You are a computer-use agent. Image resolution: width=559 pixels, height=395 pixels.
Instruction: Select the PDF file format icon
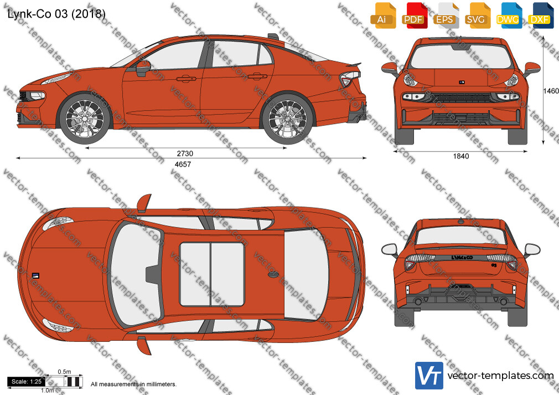click(415, 15)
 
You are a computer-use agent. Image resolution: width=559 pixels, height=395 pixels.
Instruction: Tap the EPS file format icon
click(446, 15)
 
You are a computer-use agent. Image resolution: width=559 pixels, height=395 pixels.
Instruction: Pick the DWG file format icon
click(509, 15)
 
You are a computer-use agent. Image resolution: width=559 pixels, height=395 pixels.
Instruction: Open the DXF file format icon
click(541, 15)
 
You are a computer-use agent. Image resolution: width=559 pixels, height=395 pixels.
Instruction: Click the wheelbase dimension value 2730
click(185, 154)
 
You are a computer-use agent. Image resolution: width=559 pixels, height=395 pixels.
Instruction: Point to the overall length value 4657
click(183, 164)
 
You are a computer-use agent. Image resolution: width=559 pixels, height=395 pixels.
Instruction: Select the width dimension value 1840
click(461, 156)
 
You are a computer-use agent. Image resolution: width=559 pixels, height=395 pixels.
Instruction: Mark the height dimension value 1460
click(551, 91)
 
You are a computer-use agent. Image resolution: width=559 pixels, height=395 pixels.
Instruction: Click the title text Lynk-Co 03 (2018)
click(56, 13)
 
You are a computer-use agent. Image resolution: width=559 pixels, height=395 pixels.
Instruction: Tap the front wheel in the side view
click(85, 119)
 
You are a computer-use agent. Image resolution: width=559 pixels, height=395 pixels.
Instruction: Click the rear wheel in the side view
click(287, 119)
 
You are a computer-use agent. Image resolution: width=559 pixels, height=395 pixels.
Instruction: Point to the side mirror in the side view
click(143, 68)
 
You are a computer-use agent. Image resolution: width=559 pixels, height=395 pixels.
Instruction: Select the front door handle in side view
click(186, 79)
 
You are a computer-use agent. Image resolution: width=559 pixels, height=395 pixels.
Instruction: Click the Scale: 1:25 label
click(27, 382)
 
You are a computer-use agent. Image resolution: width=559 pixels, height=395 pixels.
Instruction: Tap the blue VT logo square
click(429, 376)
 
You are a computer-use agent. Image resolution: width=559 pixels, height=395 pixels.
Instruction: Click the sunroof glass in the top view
click(212, 274)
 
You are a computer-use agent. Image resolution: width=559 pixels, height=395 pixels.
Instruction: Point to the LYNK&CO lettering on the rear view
click(462, 258)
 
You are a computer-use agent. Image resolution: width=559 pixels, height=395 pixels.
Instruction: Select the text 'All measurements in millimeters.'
click(134, 384)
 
